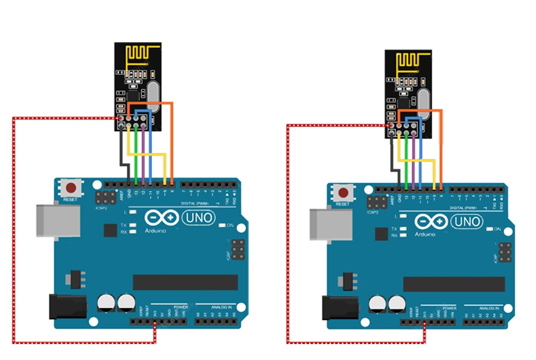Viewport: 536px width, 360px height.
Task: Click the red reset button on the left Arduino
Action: [x=72, y=188]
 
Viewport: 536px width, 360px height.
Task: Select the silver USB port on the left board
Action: [x=57, y=220]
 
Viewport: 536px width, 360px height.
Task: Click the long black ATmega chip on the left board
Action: [x=185, y=282]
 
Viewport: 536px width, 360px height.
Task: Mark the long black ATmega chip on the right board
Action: [x=453, y=284]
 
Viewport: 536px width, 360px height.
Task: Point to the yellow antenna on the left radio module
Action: [x=138, y=56]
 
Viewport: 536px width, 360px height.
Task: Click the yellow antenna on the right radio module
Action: [x=409, y=61]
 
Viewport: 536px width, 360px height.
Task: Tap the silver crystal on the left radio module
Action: [x=154, y=97]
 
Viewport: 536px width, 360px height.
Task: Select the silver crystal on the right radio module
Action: [x=425, y=101]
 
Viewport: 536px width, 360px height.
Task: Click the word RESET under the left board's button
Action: [x=70, y=200]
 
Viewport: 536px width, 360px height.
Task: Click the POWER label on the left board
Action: [x=180, y=306]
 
